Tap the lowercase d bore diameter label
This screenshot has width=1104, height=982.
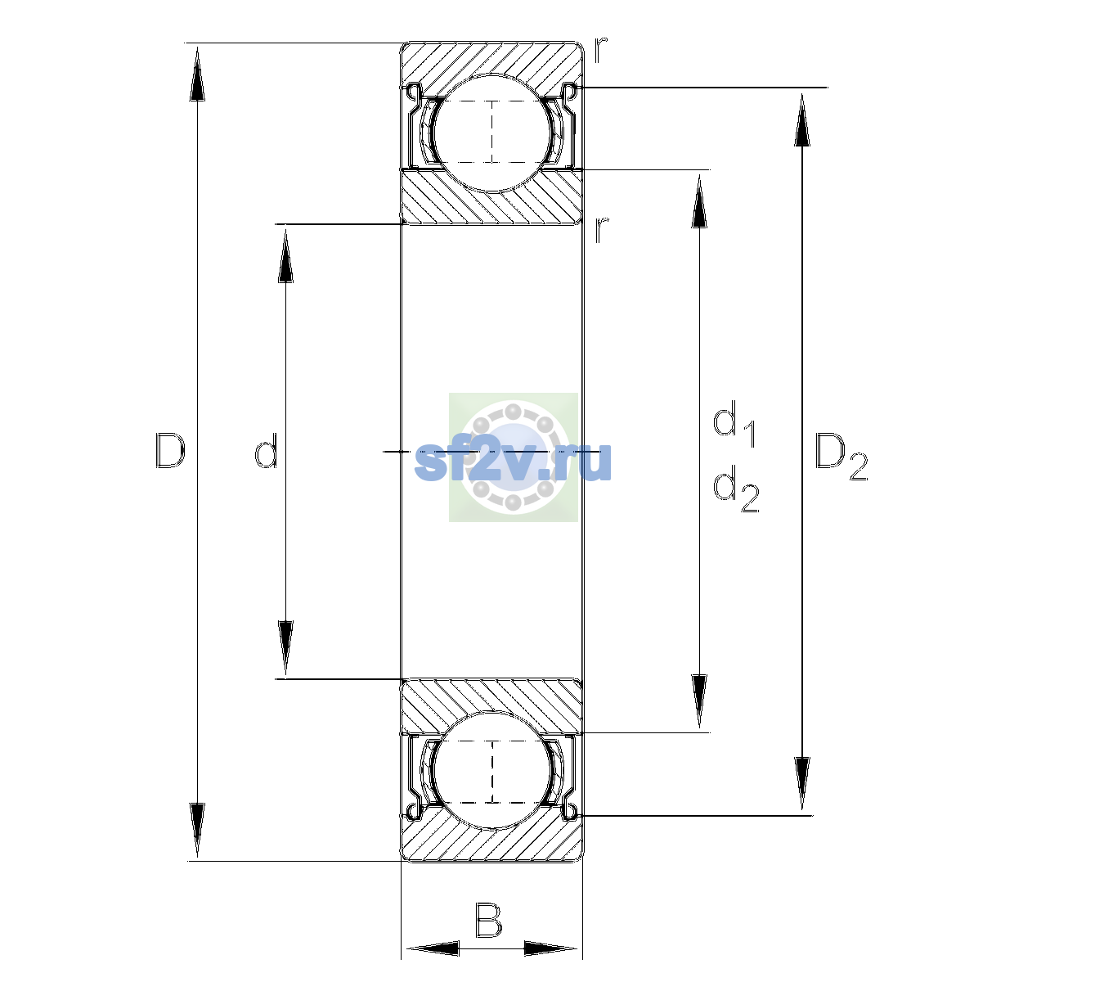(x=266, y=451)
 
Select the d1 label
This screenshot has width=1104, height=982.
(x=734, y=423)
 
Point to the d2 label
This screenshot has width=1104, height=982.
(x=736, y=489)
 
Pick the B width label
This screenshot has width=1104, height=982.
(x=488, y=921)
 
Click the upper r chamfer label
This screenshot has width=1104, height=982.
(x=600, y=50)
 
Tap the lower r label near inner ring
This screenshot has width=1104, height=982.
(x=600, y=230)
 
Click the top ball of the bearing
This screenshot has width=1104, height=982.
(x=492, y=133)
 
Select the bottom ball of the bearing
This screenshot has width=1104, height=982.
(x=492, y=770)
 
